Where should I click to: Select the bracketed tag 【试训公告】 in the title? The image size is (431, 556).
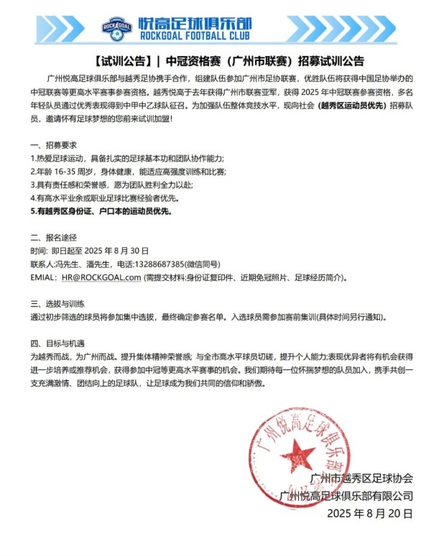coord(124,60)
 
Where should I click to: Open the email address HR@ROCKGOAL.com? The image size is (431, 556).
coord(101,277)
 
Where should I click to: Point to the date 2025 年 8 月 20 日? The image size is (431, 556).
coord(369,514)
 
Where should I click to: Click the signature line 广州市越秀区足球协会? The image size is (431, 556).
coord(361,478)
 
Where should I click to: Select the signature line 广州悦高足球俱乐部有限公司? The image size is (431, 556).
coord(348,496)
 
